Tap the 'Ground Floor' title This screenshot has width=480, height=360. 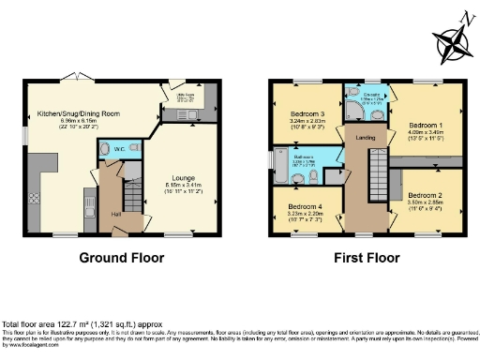tap(121, 258)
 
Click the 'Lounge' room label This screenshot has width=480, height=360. tap(183, 176)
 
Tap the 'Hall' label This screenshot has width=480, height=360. tap(116, 214)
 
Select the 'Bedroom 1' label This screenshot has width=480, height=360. tap(427, 124)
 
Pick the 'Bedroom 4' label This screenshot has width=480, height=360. tap(304, 206)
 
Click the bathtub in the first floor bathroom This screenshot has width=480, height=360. tap(281, 165)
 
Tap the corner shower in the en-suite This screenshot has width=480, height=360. tap(353, 110)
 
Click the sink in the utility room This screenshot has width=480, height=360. tap(184, 116)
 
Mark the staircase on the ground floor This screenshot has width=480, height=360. tap(131, 193)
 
